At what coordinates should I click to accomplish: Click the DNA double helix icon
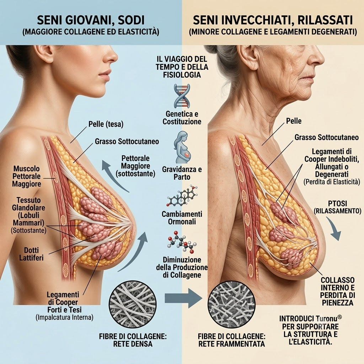182,96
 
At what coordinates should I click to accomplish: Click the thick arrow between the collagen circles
183,298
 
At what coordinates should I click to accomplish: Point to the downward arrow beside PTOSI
334,229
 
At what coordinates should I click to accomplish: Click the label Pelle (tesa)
106,124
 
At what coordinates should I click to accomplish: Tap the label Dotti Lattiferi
31,254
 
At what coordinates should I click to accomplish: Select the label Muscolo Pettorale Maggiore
27,176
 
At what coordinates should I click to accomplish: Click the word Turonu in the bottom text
326,318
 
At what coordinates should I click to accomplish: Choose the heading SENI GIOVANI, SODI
91,20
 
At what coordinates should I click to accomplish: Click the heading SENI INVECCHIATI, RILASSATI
273,20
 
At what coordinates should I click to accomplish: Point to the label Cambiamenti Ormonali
182,218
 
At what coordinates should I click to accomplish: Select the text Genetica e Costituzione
182,118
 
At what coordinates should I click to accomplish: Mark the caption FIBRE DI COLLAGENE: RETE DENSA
133,340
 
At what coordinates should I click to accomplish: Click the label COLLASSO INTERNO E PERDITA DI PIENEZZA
338,291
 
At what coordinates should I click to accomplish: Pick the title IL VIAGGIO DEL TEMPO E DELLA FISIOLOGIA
182,67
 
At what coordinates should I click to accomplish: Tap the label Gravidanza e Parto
182,173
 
